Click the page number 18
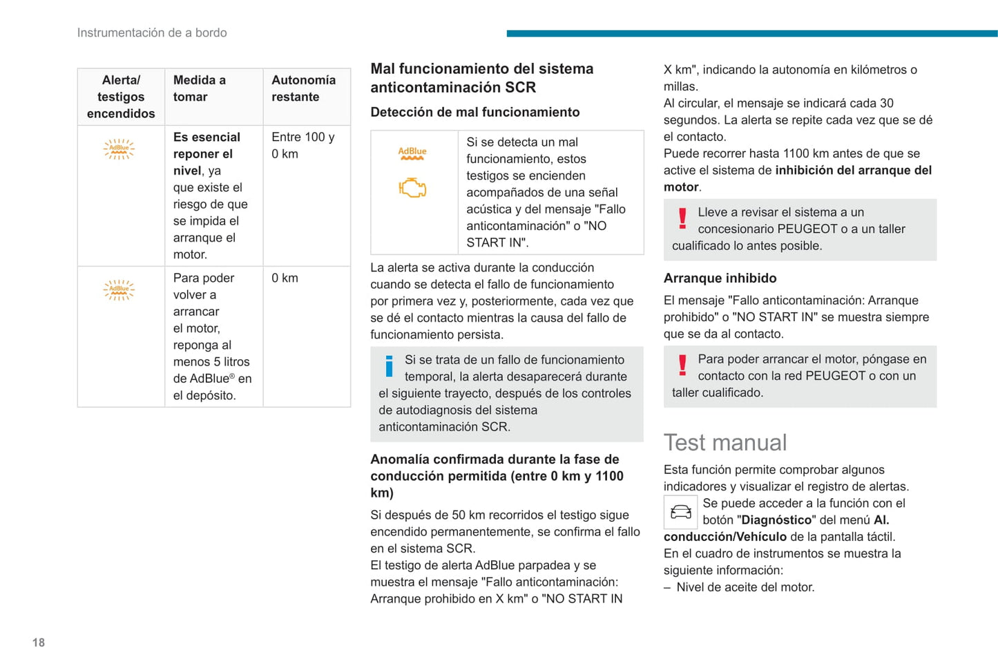pos(39,643)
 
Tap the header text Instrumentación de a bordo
pos(152,32)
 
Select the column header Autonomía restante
pos(303,88)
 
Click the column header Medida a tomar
pos(199,88)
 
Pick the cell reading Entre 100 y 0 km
pos(303,145)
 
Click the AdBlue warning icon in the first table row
pos(119,149)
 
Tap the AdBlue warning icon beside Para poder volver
pos(119,289)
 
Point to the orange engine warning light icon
pos(412,187)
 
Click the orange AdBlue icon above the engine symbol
pos(412,153)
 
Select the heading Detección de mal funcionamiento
pos(475,112)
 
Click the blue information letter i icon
pos(390,366)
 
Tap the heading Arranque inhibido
pos(720,278)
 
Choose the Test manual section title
pos(725,442)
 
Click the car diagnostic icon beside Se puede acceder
pos(680,512)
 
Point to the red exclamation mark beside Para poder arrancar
pos(682,365)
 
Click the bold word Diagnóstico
pos(776,520)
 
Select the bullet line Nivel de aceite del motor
pos(745,587)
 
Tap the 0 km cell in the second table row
pos(285,278)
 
